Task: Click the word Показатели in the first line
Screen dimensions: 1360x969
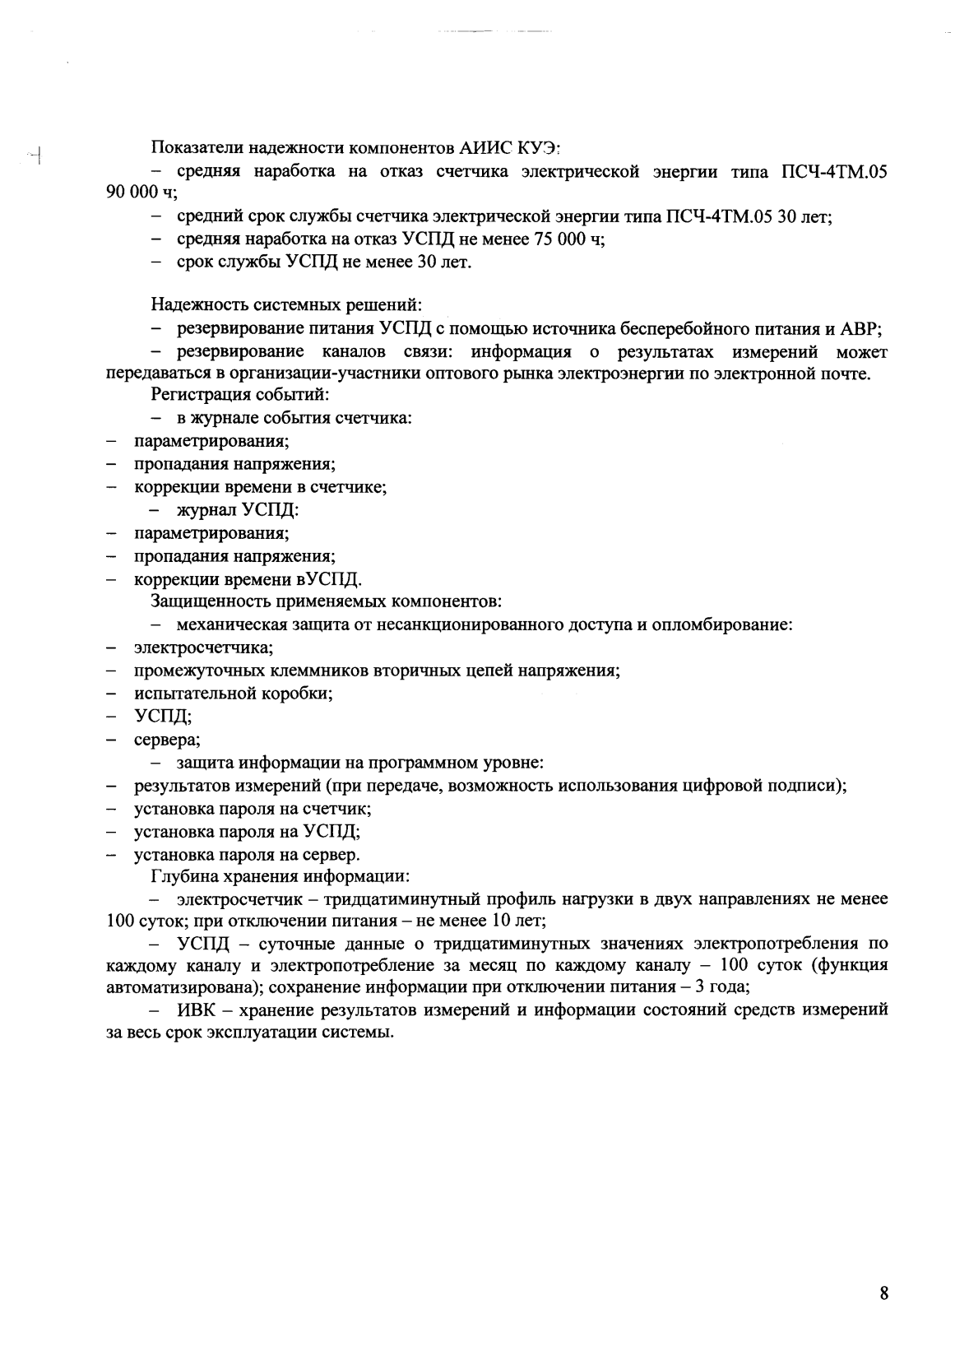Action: pos(190,149)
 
